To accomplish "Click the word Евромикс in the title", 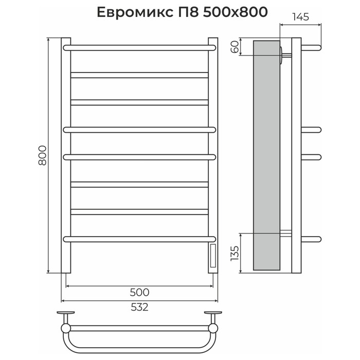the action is coord(135,12).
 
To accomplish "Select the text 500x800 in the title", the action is coord(236,12).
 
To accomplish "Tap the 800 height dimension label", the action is coord(43,155).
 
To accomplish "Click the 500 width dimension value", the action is coord(139,293).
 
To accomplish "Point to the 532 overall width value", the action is coord(139,307).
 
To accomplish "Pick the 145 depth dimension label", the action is coord(300,17).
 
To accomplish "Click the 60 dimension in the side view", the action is coord(235,47).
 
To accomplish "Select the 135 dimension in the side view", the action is coord(235,253).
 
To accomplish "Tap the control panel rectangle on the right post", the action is coord(213,256).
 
